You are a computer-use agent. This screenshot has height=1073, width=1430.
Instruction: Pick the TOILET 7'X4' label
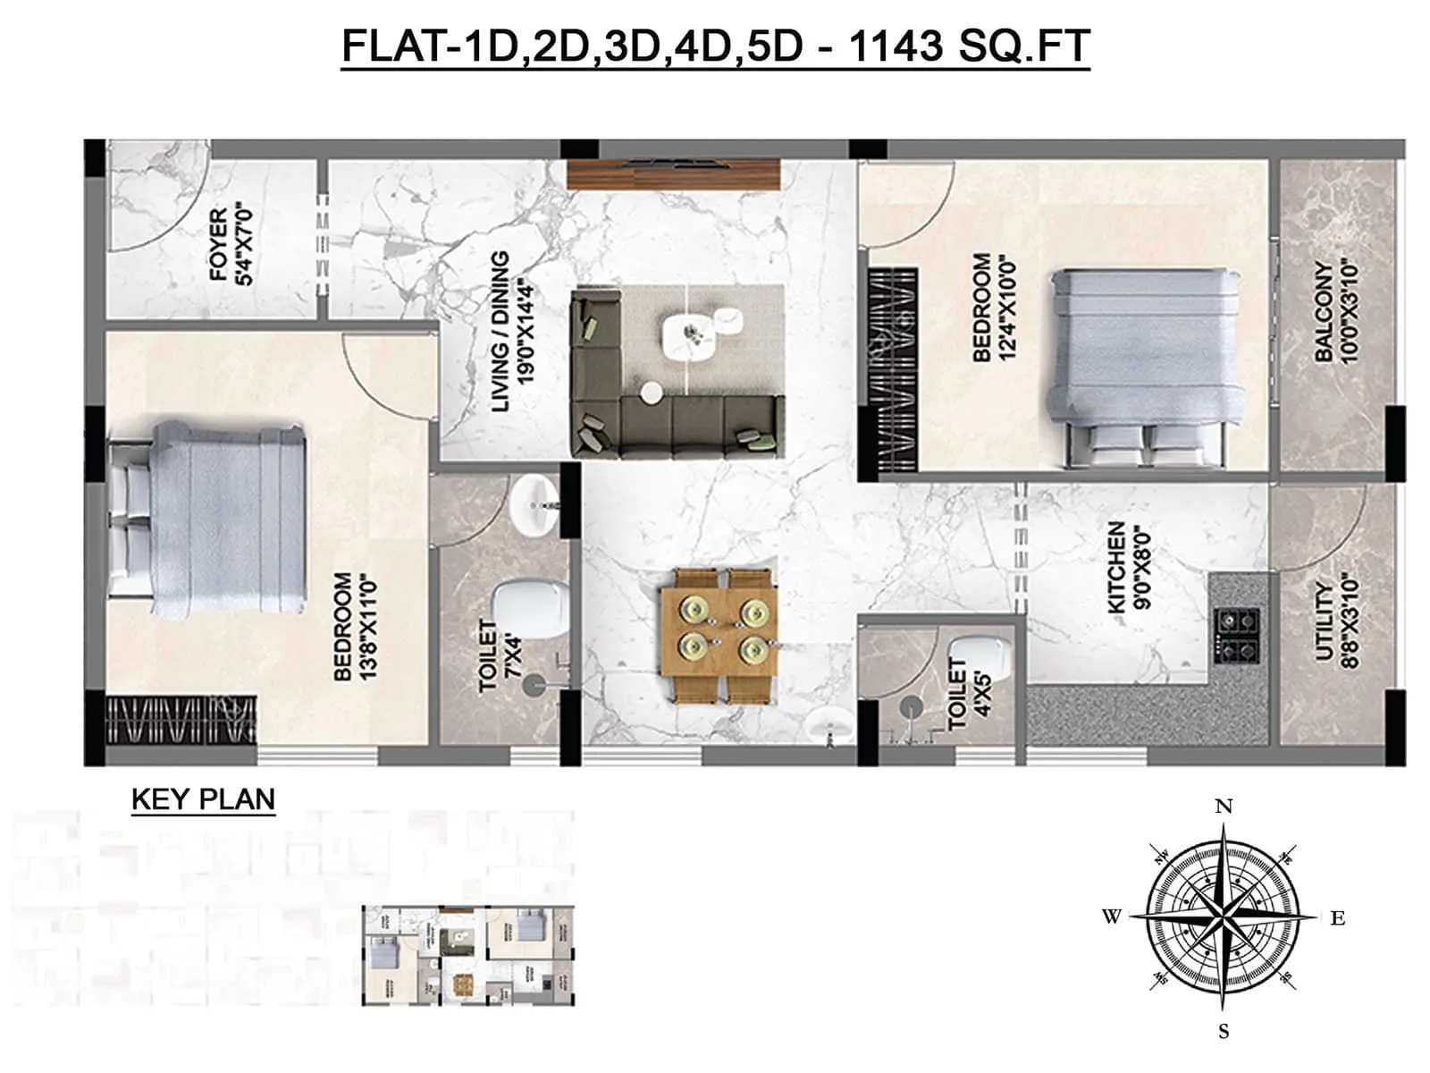click(500, 655)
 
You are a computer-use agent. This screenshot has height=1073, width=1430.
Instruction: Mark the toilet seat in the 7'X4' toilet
click(533, 608)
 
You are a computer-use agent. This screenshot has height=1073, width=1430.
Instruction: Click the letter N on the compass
click(1224, 807)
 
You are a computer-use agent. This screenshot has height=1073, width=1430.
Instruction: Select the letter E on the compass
click(1338, 918)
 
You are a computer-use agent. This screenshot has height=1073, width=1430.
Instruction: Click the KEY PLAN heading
click(203, 798)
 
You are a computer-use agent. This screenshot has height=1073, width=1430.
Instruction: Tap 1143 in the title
click(895, 46)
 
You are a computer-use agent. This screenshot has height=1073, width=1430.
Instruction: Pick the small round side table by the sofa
click(652, 392)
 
